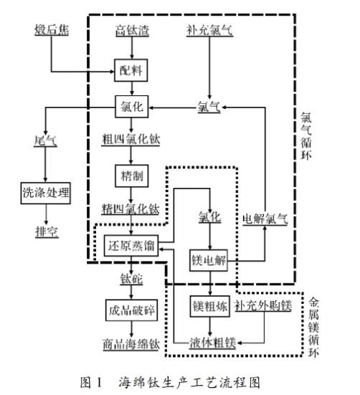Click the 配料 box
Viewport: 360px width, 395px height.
(130, 69)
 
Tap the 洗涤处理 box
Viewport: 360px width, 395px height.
(47, 193)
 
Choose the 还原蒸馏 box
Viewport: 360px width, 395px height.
(130, 244)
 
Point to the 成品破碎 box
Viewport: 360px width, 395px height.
(131, 309)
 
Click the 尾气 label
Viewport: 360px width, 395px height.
(46, 141)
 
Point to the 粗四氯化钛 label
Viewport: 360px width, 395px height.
(130, 141)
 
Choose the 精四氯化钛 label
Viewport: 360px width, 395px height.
(130, 209)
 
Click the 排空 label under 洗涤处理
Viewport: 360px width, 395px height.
(46, 232)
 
